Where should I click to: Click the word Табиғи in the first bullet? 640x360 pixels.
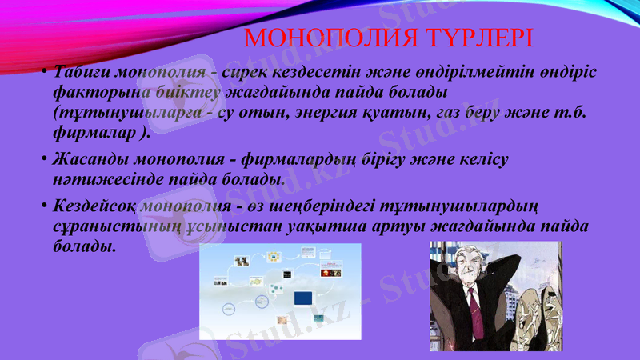point(81,73)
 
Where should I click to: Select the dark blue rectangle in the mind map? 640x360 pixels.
point(303,298)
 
